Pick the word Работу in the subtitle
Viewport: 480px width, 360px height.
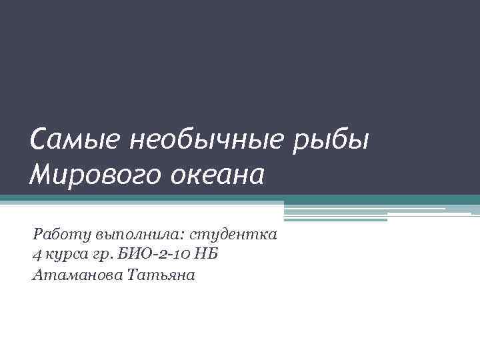(62, 235)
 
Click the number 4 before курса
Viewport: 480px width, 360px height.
(36, 255)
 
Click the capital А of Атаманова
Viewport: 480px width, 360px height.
(37, 275)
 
